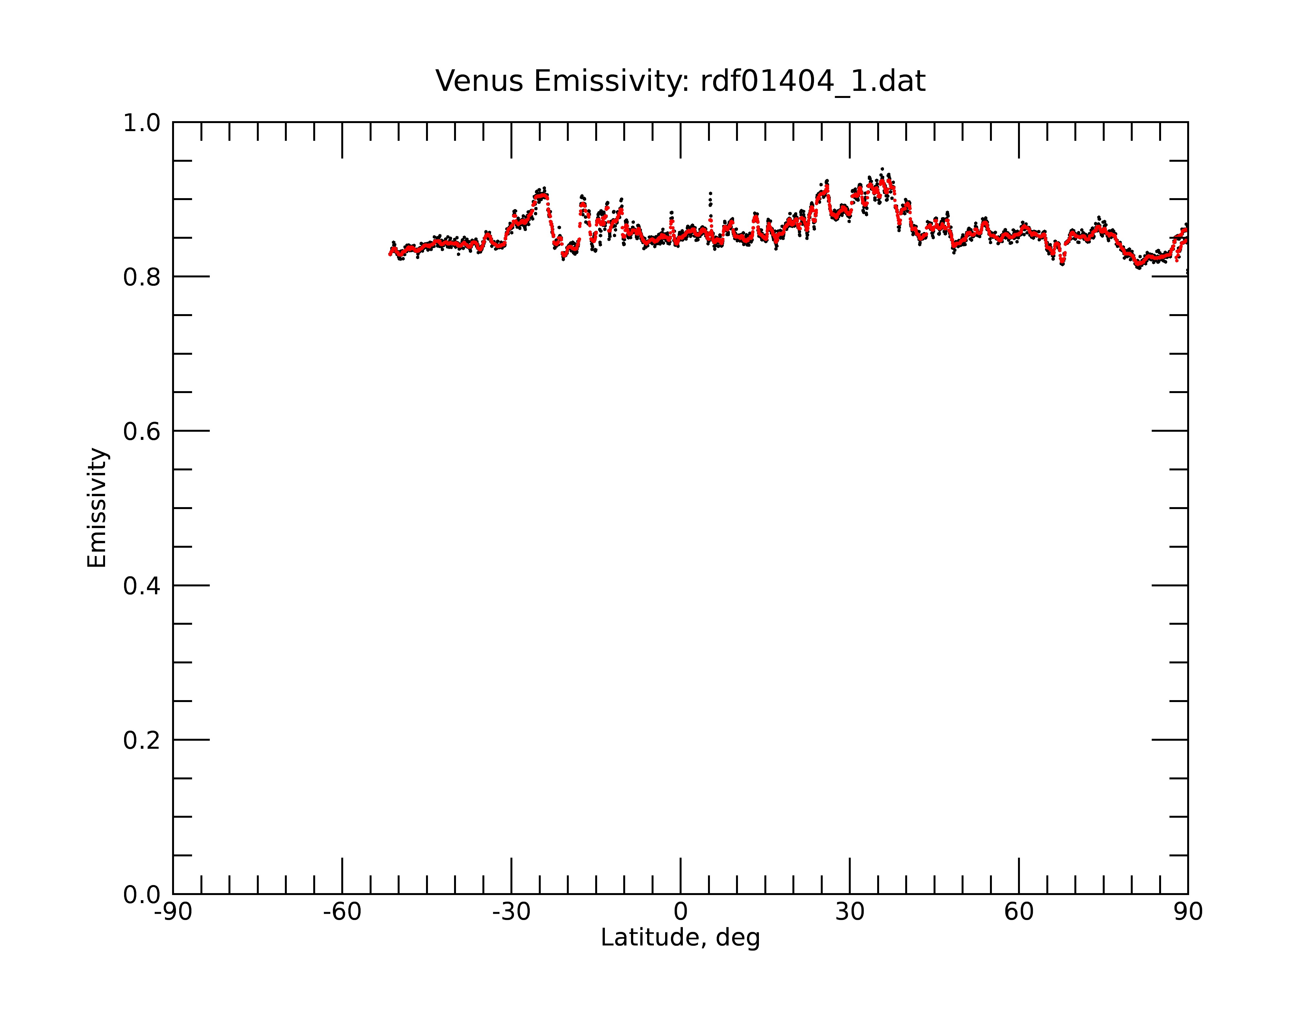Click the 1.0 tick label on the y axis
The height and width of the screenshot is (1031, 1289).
(142, 123)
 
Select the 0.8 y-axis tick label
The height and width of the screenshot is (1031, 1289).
(142, 277)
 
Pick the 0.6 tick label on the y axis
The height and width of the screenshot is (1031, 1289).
(142, 431)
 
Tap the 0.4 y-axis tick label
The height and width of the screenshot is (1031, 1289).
(142, 586)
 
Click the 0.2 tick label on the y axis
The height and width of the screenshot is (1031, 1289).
(142, 740)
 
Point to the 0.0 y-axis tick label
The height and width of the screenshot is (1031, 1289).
(142, 895)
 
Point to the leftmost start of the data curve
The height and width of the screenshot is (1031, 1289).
(390, 254)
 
